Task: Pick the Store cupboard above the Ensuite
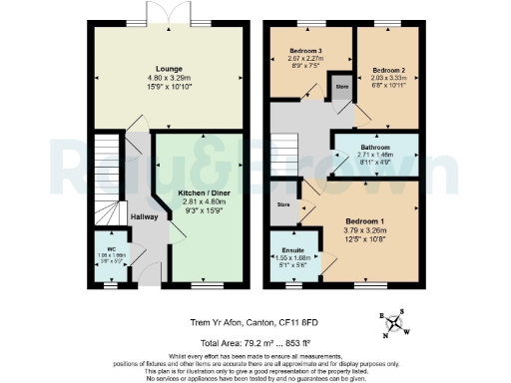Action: (283, 204)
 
